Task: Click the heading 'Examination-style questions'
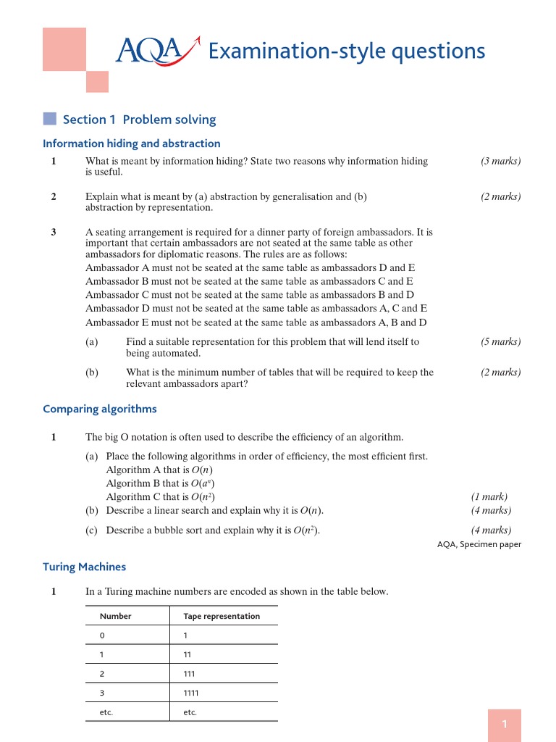click(x=346, y=51)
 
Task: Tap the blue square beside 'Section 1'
click(x=49, y=119)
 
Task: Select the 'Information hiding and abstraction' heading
click(x=131, y=143)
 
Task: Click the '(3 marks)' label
click(x=500, y=161)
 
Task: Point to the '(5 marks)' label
click(x=500, y=341)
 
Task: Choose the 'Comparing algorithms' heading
click(x=100, y=409)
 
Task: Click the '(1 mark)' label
click(x=489, y=496)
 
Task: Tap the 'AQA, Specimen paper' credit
click(x=479, y=544)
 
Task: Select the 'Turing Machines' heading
click(x=84, y=567)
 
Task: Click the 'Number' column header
click(x=116, y=616)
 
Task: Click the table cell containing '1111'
click(x=191, y=693)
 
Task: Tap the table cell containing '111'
click(x=190, y=673)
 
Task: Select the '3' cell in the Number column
click(x=102, y=693)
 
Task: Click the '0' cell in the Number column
click(x=102, y=635)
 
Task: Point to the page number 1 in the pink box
click(x=505, y=725)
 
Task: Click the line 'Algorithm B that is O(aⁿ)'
click(x=160, y=483)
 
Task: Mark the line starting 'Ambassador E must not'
click(x=256, y=322)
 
